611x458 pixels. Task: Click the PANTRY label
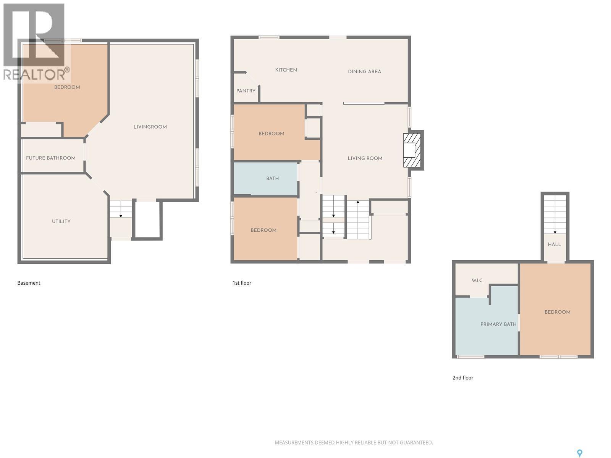pyautogui.click(x=246, y=91)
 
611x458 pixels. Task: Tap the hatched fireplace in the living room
pyautogui.click(x=412, y=150)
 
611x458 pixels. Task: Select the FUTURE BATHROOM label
pyautogui.click(x=51, y=158)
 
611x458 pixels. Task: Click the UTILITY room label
pyautogui.click(x=61, y=221)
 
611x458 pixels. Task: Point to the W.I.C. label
pyautogui.click(x=477, y=281)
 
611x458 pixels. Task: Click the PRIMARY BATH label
pyautogui.click(x=498, y=324)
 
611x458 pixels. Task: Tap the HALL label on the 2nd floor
pyautogui.click(x=554, y=245)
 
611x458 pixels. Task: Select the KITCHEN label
pyautogui.click(x=286, y=70)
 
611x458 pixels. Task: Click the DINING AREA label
pyautogui.click(x=364, y=72)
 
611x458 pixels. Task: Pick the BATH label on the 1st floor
pyautogui.click(x=272, y=179)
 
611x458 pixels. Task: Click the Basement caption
pyautogui.click(x=29, y=283)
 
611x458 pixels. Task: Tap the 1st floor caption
pyautogui.click(x=242, y=283)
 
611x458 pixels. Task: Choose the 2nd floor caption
pyautogui.click(x=463, y=378)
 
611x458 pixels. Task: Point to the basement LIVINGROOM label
pyautogui.click(x=150, y=127)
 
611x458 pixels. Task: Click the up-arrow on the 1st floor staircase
pyautogui.click(x=358, y=202)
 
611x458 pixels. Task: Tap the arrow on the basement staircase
pyautogui.click(x=121, y=216)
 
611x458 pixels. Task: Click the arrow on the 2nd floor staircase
pyautogui.click(x=555, y=232)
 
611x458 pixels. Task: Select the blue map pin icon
pyautogui.click(x=579, y=453)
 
